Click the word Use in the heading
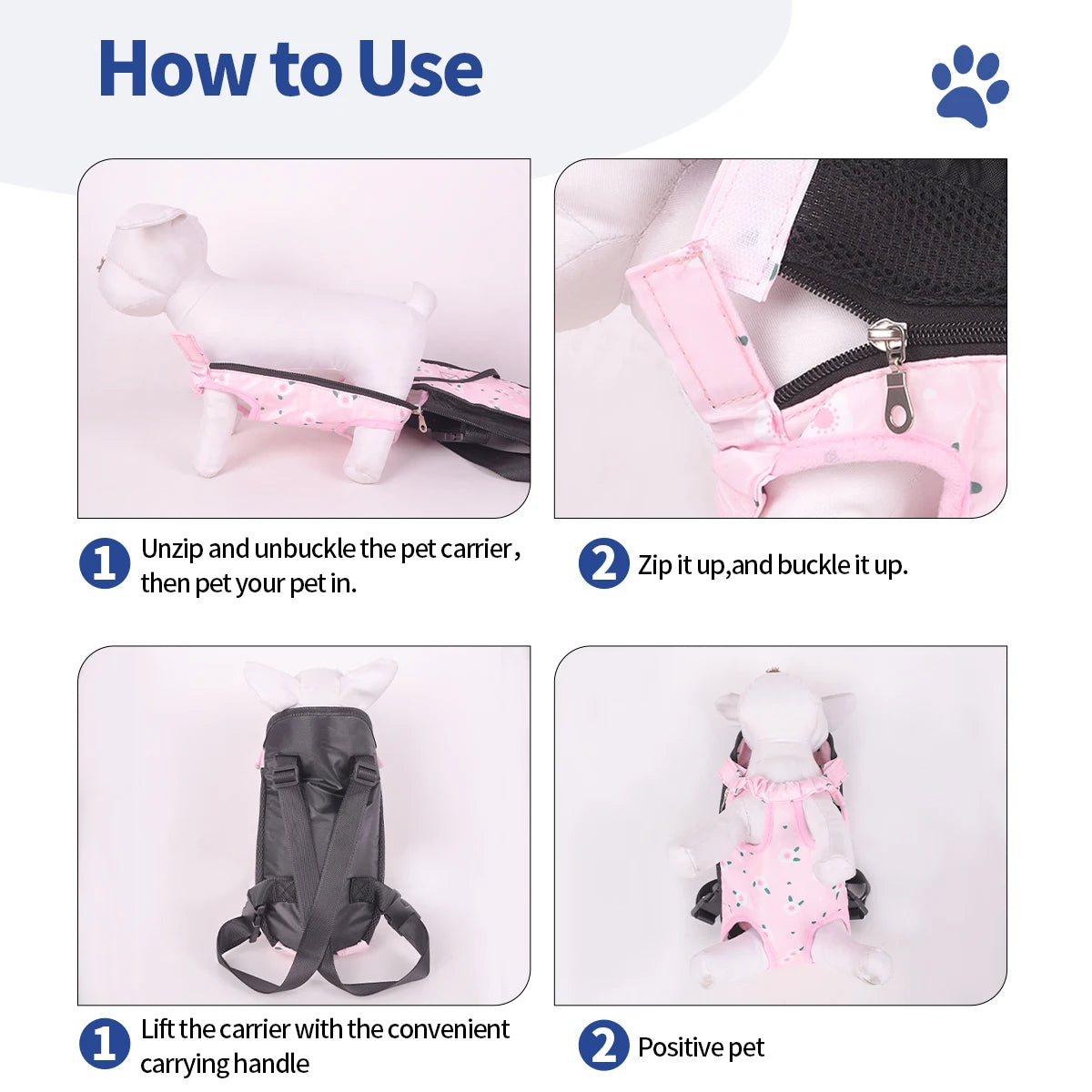(x=420, y=69)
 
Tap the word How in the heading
(x=176, y=69)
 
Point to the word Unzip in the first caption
(x=172, y=550)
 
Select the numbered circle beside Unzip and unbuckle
(x=105, y=563)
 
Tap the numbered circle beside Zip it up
(x=603, y=563)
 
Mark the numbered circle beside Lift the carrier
(x=105, y=1044)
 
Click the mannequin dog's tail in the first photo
(x=421, y=294)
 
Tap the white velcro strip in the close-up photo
(x=759, y=227)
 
